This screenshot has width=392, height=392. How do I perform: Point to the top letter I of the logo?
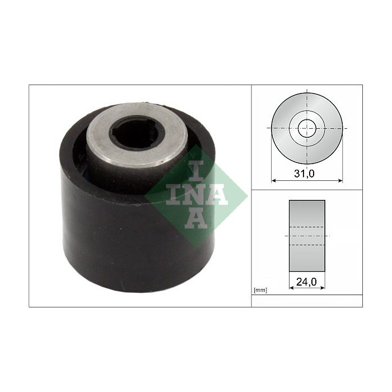pos(194,170)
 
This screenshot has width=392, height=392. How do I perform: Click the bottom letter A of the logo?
pos(194,218)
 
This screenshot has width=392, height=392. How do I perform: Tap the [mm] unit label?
pos(260,291)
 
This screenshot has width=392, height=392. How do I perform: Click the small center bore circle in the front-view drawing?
pos(306,128)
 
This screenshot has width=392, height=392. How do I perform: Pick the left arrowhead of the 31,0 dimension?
pos(273,180)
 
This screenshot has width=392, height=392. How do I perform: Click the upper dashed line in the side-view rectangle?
pos(307,227)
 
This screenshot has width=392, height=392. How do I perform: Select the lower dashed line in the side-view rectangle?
pos(307,245)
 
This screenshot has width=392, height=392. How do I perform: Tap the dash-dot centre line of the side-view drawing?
pos(307,236)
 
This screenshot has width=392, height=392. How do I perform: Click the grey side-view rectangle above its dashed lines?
pos(307,213)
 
